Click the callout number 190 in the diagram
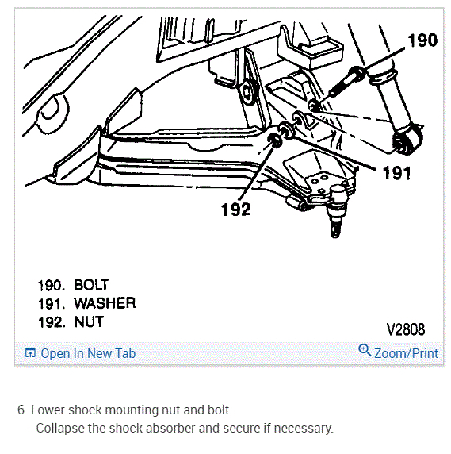pos(422,40)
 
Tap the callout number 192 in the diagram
pos(235,210)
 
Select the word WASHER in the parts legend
pos(105,303)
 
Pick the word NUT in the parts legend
pos(88,322)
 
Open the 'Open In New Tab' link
pos(87,353)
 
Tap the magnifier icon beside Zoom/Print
pos(365,351)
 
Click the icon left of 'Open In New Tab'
pos(30,353)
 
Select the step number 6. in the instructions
pos(22,410)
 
